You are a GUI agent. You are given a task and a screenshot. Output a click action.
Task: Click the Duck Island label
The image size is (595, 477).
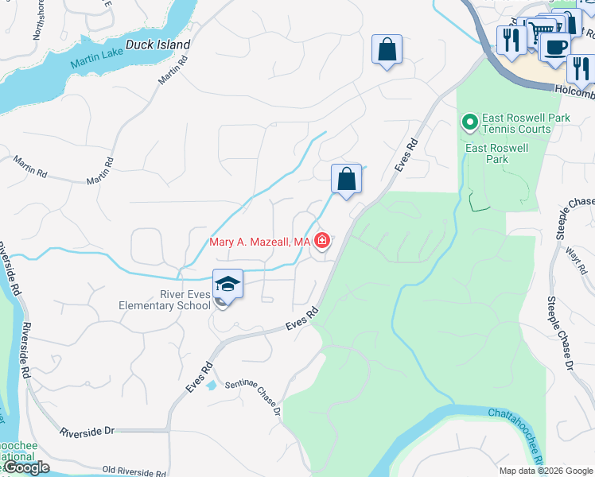tap(157, 45)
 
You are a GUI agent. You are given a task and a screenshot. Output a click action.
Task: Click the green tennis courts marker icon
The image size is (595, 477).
tap(469, 122)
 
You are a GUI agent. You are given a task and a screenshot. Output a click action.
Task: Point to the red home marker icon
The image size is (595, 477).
tap(322, 240)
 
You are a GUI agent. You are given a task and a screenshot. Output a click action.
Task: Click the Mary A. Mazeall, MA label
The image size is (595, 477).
tap(259, 242)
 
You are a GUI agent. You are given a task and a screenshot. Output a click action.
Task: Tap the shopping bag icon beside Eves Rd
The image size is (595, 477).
tap(347, 179)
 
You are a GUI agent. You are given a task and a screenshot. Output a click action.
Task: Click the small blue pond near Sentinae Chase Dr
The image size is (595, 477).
tap(211, 386)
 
